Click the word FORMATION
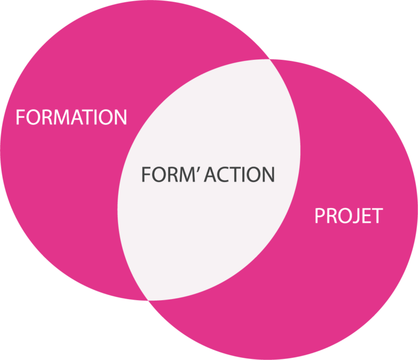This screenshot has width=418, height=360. (71, 117)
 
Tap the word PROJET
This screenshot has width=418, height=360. (348, 216)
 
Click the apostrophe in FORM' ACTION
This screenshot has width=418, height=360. (200, 169)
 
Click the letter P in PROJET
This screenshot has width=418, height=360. (320, 216)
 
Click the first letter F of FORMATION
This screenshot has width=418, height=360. (20, 117)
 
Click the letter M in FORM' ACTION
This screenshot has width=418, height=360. (187, 174)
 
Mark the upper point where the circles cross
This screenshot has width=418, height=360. (270, 58)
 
